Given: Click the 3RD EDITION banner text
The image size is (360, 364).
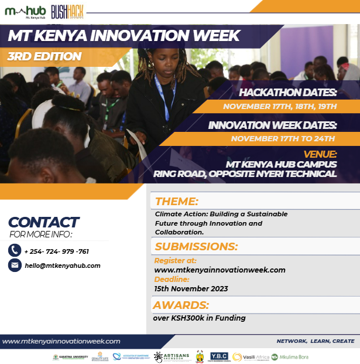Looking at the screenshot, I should coord(44,57).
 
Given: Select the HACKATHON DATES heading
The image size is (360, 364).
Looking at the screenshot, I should coord(288,93).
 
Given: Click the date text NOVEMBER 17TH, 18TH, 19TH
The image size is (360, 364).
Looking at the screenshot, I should coord(280,106).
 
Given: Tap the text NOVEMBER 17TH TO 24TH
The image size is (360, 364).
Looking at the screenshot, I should coord(283,139).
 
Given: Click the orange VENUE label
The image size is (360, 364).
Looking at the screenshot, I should coord(320,154).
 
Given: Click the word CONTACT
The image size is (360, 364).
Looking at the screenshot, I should coord(43,223).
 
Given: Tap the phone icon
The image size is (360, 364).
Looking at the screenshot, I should coord(15,251).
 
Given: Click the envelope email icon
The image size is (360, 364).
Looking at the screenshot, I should coord(15,266).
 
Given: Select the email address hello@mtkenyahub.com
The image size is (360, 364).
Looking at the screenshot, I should coord(63,266).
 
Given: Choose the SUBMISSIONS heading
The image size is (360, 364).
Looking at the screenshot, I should coord(196,246).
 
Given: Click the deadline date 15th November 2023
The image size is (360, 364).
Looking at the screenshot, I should coord(191,289).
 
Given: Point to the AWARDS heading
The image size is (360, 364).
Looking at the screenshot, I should coord(181,305).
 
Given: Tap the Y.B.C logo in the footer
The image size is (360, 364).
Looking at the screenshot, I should coord(219,356).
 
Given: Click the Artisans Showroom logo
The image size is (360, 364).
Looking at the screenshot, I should coord(171,356).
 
